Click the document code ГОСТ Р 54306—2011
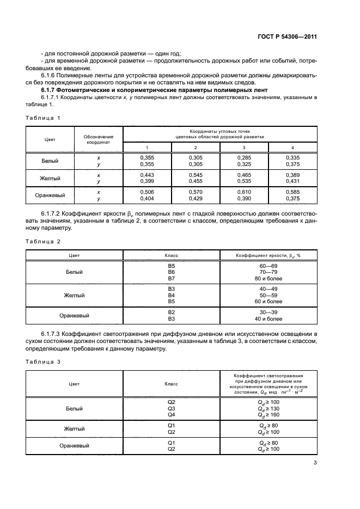pyautogui.click(x=288, y=36)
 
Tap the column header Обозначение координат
pyautogui.click(x=99, y=138)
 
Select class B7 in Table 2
pyautogui.click(x=171, y=278)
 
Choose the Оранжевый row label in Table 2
pyautogui.click(x=74, y=315)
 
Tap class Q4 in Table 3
pyautogui.click(x=171, y=414)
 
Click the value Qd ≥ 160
pyautogui.click(x=268, y=414)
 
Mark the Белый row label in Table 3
pyautogui.click(x=74, y=408)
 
